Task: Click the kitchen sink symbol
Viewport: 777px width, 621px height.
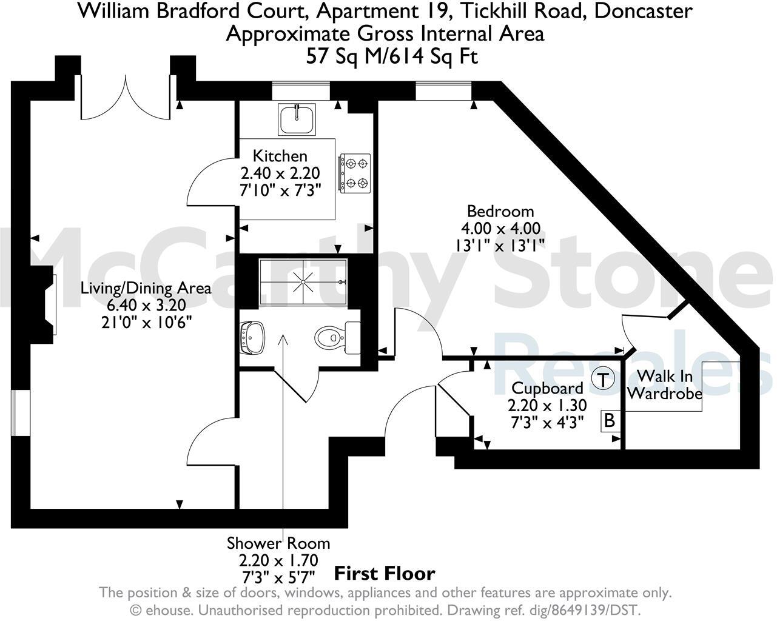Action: point(297,119)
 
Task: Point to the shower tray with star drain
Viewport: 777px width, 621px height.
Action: point(303,282)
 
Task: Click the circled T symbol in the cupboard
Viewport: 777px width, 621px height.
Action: point(602,380)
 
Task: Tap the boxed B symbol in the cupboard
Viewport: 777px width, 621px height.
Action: point(610,420)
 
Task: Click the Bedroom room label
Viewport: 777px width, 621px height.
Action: point(500,211)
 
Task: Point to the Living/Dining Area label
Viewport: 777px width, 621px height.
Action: point(146,287)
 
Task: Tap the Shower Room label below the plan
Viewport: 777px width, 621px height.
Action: point(278,543)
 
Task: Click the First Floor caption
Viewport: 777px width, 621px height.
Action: point(385,573)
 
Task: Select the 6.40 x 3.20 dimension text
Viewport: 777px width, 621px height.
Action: point(146,304)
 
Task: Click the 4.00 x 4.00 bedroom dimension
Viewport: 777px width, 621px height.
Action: point(500,228)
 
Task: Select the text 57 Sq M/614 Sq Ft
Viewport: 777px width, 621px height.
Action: point(392,56)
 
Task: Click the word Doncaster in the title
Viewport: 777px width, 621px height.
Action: point(644,10)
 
